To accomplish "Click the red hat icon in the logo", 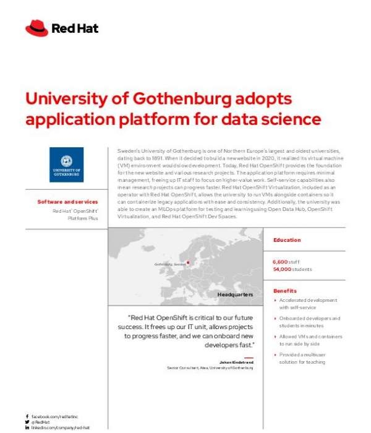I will pyautogui.click(x=36, y=28).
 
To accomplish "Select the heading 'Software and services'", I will pyautogui.click(x=67, y=201).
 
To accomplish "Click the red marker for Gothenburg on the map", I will pyautogui.click(x=189, y=262).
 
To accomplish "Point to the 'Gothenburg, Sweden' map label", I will pyautogui.click(x=170, y=264).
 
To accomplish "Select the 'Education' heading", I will pyautogui.click(x=287, y=240).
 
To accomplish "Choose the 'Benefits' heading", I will pyautogui.click(x=285, y=291).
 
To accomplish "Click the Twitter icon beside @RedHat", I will pyautogui.click(x=27, y=422).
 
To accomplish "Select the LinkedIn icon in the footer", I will pyautogui.click(x=27, y=427).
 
